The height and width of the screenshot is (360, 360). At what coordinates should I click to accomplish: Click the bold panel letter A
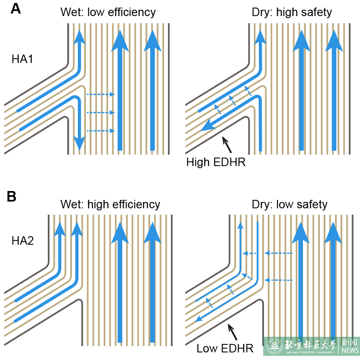coord(15,9)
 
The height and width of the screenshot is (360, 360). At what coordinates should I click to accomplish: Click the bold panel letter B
coord(11,197)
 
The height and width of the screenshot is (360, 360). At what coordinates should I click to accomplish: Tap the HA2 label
coord(22,241)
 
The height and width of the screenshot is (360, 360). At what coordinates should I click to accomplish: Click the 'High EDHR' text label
coord(216,162)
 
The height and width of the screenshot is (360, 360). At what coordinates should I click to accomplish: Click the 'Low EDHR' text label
coord(225,349)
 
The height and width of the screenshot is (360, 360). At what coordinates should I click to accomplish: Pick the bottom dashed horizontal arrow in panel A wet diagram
coord(101,131)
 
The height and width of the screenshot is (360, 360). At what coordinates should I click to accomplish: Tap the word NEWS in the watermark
coord(350,351)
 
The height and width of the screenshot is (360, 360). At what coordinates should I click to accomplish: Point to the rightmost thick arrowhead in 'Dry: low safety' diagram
coord(333,233)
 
